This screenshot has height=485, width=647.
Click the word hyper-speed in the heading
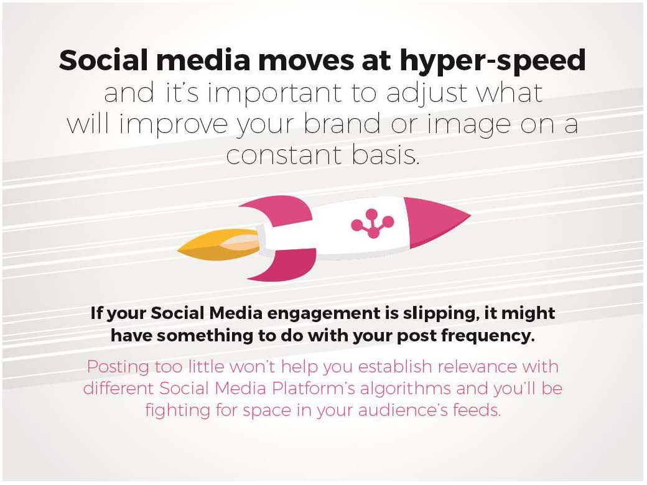(493, 61)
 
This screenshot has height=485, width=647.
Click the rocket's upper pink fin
(277, 208)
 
